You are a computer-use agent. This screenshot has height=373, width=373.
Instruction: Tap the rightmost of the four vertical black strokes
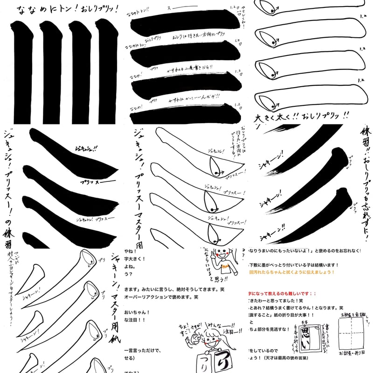(x=108, y=70)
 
